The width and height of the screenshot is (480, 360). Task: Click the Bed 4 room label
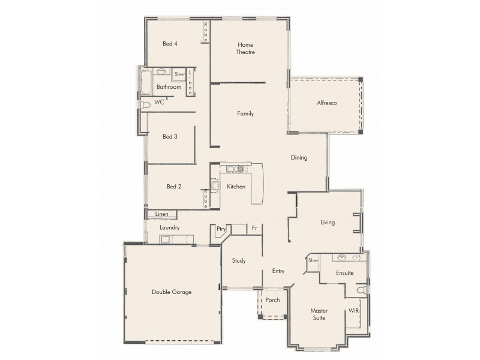coord(170,44)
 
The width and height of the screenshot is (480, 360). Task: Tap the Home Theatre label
coord(245,49)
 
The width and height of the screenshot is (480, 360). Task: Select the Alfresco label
coord(326,103)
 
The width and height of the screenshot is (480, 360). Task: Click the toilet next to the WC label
coord(145,105)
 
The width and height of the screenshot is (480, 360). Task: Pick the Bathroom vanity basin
coord(161,71)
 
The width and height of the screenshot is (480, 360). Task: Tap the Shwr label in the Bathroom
coord(179,75)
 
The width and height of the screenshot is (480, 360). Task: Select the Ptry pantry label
coord(221,229)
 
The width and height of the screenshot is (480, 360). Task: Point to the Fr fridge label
coord(254,229)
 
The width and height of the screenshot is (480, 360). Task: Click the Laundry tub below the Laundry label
coord(164,239)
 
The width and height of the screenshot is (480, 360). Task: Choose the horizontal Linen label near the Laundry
coord(161,214)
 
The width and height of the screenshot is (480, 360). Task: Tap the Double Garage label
coord(171,292)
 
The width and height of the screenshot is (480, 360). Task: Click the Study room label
coord(239,260)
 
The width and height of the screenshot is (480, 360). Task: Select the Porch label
coord(273,300)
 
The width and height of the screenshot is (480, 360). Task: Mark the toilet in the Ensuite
coord(361,290)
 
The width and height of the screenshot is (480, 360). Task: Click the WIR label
coord(354,311)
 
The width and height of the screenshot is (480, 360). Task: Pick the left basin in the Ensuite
coord(343,257)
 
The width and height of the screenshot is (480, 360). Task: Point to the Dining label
coord(299,158)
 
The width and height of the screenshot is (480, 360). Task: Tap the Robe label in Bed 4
coord(205,28)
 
